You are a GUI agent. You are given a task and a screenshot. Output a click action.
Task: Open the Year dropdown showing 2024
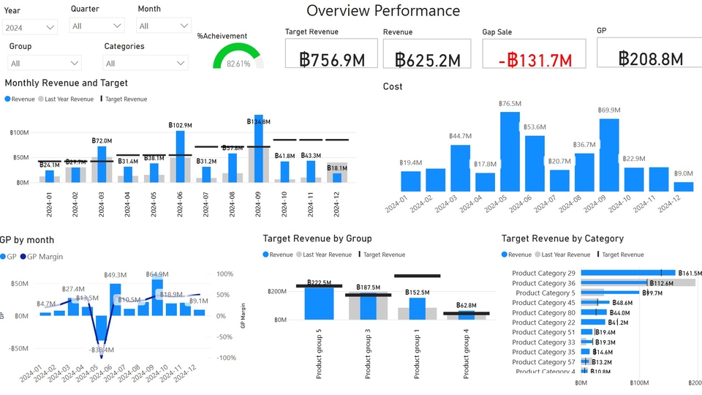[x=30, y=27]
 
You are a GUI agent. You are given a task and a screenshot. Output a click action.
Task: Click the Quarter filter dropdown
[x=97, y=26]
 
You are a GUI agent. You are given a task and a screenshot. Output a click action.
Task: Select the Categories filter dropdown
[x=146, y=63]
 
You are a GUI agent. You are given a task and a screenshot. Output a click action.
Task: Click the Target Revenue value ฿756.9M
[x=332, y=59]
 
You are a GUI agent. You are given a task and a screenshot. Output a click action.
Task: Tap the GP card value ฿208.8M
[x=649, y=59]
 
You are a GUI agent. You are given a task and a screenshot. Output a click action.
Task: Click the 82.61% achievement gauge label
[x=238, y=64]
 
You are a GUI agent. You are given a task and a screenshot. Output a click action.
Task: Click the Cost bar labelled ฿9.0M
[x=683, y=187]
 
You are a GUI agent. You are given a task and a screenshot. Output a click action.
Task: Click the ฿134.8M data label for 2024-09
[x=257, y=122]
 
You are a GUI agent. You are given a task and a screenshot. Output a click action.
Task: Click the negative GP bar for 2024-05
[x=102, y=333]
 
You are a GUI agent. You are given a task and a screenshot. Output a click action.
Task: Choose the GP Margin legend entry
[x=45, y=257]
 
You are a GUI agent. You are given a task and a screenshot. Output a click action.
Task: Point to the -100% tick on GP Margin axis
[x=224, y=358]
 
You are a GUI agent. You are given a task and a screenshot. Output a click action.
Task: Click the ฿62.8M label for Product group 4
[x=466, y=305]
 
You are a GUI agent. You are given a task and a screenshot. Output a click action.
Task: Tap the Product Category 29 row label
[x=543, y=273]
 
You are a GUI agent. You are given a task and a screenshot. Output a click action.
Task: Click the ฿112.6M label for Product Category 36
[x=663, y=283]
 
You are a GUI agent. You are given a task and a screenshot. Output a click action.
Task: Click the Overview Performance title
[x=383, y=11]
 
